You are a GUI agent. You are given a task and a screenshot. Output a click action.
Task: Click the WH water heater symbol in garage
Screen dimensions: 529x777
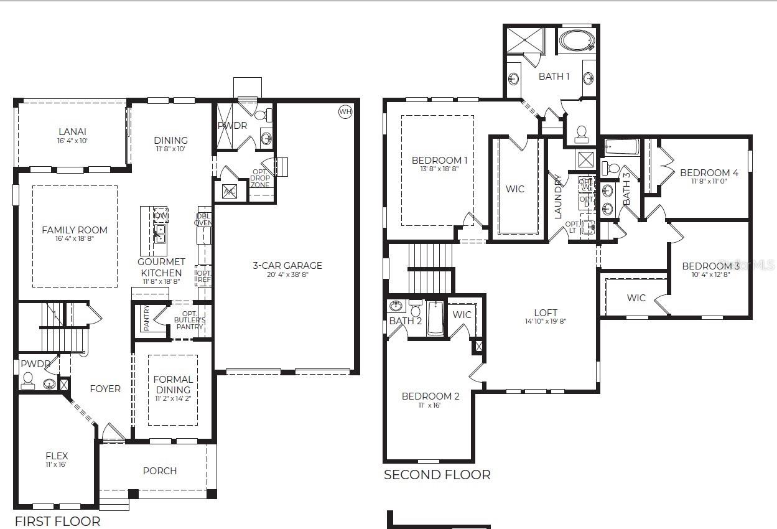tap(345, 111)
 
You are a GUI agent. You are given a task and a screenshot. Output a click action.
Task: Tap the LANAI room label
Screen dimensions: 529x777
tap(72, 131)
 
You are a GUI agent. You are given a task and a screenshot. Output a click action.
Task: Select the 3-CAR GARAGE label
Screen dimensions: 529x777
tap(287, 265)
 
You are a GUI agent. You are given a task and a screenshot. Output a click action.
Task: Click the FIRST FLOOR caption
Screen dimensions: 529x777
tap(57, 521)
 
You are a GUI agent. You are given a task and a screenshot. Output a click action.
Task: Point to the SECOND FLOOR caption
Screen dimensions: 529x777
tap(437, 475)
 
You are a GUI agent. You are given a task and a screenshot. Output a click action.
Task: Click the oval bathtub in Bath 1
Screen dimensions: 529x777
tap(577, 41)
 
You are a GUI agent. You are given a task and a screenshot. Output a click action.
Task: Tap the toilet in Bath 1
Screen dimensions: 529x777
tap(582, 133)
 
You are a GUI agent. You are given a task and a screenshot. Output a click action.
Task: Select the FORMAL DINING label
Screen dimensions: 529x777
tap(173, 384)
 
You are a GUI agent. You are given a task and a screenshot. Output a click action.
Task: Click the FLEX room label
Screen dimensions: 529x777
tap(57, 456)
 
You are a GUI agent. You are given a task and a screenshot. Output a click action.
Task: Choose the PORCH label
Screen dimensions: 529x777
tap(160, 470)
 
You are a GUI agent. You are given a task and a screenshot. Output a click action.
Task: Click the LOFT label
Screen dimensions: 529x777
tap(546, 312)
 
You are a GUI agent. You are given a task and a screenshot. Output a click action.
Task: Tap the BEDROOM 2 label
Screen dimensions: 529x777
tap(430, 396)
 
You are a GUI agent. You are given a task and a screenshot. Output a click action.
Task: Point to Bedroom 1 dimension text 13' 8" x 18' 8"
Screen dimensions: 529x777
tap(440, 169)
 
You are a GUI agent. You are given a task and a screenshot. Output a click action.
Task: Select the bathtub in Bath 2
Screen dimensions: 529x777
tap(435, 318)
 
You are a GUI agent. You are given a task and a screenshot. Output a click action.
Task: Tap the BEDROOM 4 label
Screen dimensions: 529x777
tap(709, 172)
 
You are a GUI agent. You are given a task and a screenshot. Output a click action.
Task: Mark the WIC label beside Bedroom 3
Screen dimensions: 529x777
tap(636, 297)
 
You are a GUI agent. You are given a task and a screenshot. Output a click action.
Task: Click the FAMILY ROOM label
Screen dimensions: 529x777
tap(75, 230)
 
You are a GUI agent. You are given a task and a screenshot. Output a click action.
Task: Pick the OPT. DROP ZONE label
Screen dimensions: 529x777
tap(260, 179)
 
